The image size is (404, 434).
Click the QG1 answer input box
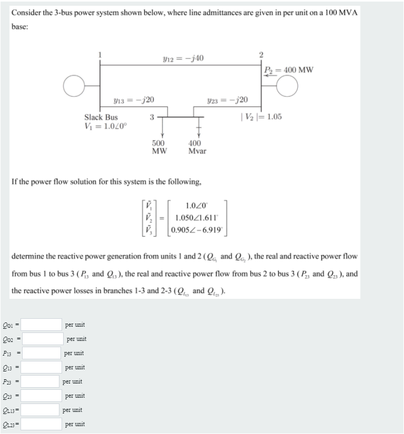[42, 325]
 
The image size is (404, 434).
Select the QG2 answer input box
[43, 339]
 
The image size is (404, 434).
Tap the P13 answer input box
[42, 353]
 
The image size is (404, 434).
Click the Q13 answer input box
[42, 367]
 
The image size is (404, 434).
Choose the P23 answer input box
[41, 381]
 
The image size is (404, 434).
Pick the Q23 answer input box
[42, 396]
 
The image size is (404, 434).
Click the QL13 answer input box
[41, 410]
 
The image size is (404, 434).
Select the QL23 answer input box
[42, 424]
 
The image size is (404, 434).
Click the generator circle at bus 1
[74, 85]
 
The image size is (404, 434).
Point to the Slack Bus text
[101, 117]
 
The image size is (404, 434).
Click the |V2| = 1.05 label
[261, 117]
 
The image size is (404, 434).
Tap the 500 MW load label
[158, 147]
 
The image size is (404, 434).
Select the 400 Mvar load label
[197, 147]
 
